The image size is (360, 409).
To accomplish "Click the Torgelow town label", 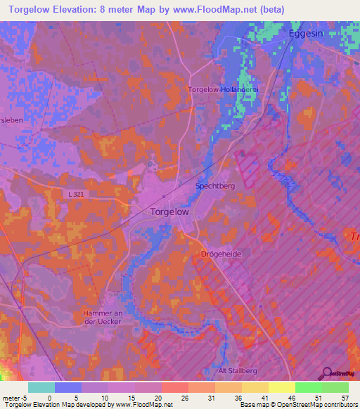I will click(x=169, y=212).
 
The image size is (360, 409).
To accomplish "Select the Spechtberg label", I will click(x=216, y=186).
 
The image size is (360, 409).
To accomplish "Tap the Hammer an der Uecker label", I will click(x=103, y=317).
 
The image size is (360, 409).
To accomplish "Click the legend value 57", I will click(x=344, y=397).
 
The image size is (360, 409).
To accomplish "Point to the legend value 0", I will click(x=50, y=397).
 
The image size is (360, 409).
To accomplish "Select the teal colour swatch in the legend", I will click(x=41, y=387).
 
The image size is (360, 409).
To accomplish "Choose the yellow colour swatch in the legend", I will click(x=281, y=387).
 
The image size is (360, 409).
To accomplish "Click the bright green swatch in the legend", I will click(x=308, y=387).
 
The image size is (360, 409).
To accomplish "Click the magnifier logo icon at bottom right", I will click(x=326, y=373).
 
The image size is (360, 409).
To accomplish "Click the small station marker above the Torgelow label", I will click(x=164, y=197).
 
